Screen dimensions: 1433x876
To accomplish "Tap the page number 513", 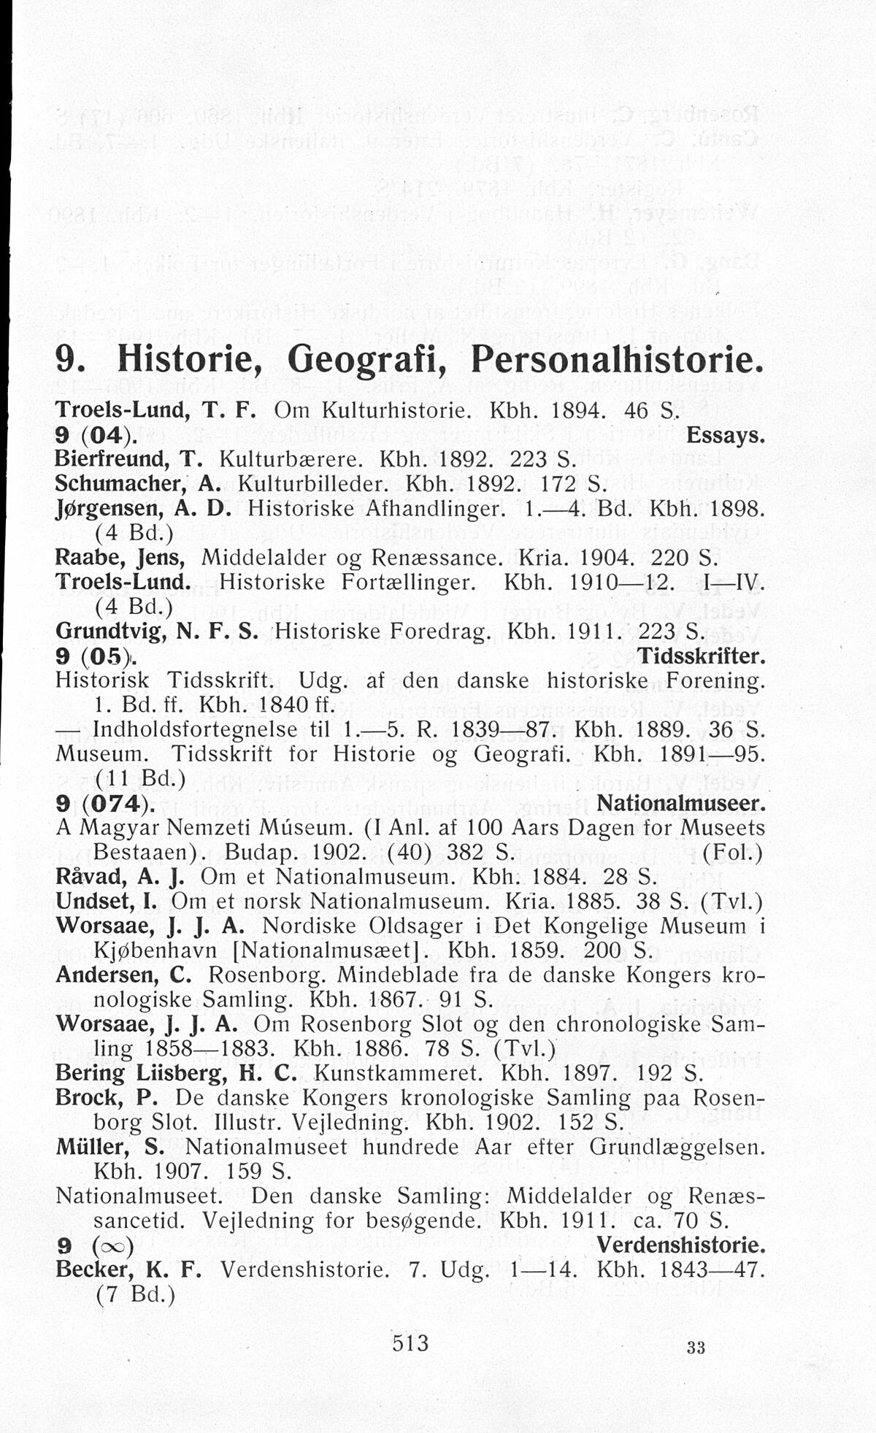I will pos(410,1342).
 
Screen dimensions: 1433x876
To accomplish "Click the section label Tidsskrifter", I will pos(702,656).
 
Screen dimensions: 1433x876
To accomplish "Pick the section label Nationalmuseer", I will pos(680,804).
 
